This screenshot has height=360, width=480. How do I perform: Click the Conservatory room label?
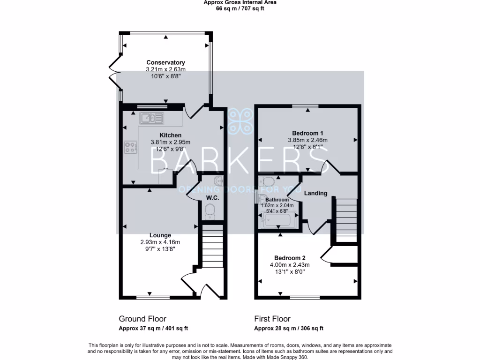(165, 62)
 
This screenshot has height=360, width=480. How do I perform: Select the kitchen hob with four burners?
(130, 148)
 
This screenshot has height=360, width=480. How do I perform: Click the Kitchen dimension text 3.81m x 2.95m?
(170, 142)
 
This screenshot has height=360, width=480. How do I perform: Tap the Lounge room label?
(160, 235)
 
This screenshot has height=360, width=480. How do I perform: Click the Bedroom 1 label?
(307, 133)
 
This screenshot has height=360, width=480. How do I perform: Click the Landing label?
(315, 193)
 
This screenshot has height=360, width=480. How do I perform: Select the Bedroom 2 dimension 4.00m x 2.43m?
(290, 265)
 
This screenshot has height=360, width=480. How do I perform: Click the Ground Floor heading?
(142, 319)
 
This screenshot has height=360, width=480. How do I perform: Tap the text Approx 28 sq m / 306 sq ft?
(288, 329)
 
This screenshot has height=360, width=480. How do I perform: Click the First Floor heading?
(272, 319)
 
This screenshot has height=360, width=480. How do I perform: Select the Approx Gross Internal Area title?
(240, 2)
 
